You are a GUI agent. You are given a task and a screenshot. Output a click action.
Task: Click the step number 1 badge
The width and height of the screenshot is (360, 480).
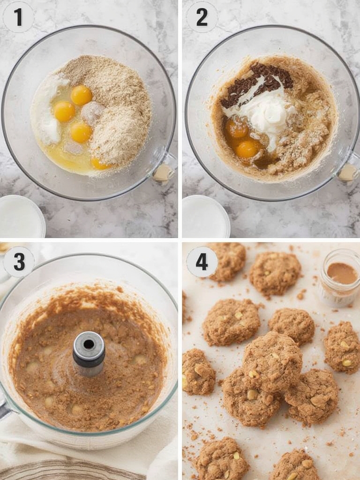click(18, 17)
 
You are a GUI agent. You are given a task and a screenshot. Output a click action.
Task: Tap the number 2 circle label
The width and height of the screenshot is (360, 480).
click(202, 17)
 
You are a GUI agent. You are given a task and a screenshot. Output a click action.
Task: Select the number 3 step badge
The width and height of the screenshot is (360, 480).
click(19, 262)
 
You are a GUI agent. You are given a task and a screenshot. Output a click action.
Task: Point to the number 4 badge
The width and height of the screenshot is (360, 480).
click(202, 262)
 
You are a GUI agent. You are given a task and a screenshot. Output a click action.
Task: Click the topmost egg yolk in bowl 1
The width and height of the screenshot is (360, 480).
click(82, 95)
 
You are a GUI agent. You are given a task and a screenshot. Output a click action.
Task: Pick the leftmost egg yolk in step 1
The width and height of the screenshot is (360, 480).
click(64, 112)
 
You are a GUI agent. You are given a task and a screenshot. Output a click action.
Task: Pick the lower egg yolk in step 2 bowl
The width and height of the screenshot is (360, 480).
click(247, 149)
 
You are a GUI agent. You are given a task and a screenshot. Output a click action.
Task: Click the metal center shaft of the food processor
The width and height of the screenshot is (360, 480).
click(89, 349)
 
